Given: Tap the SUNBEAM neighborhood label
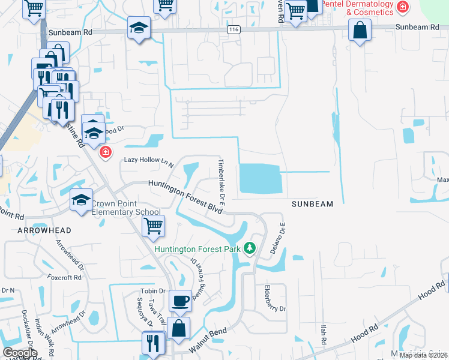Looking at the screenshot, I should (x=312, y=204).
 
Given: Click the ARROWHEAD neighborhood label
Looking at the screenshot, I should (x=44, y=230).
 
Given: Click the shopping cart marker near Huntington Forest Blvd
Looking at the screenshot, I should (x=153, y=227).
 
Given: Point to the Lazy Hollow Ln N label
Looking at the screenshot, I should (x=148, y=161).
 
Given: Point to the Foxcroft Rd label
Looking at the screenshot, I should (x=66, y=278).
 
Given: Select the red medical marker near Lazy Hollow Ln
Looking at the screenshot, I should (x=106, y=152).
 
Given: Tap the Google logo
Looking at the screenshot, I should (x=20, y=353).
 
